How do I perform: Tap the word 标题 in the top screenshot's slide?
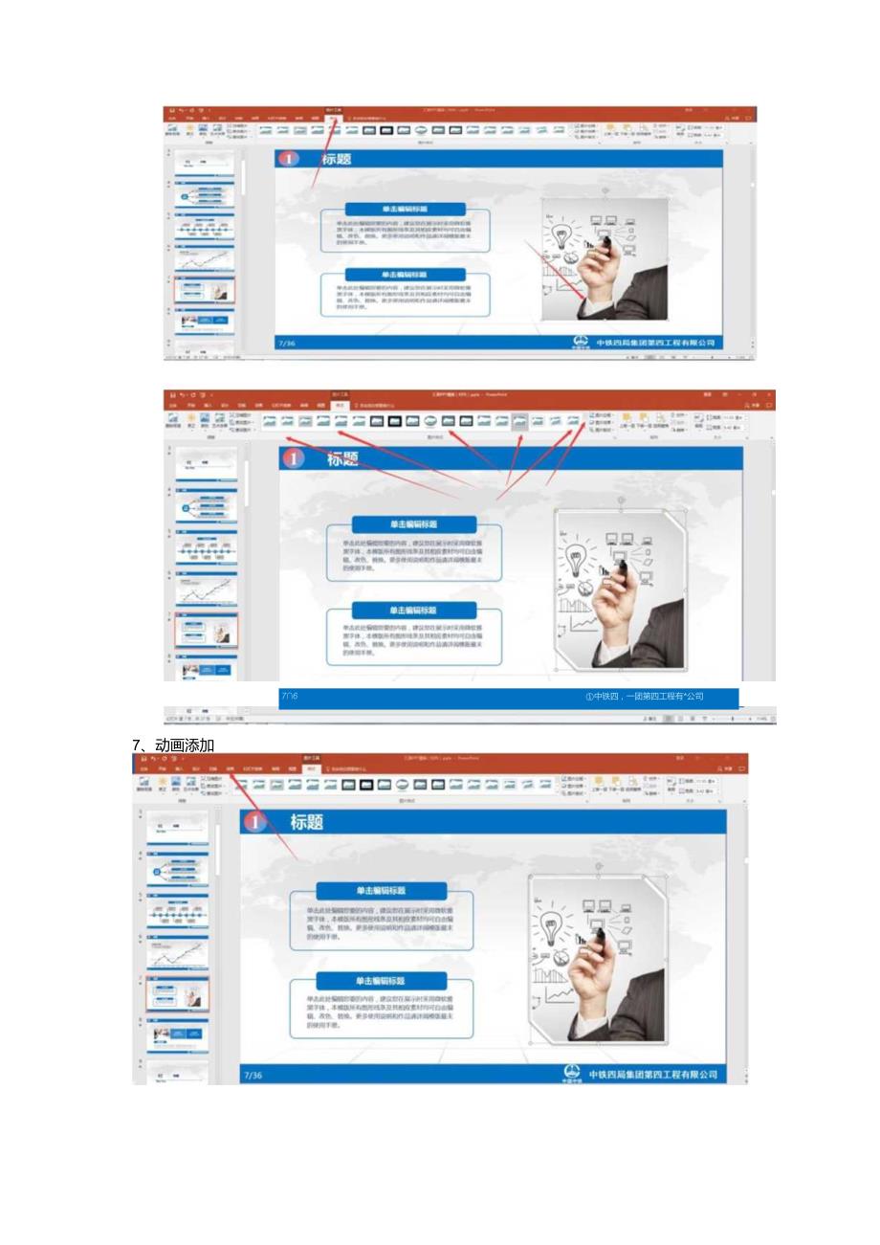[x=336, y=160]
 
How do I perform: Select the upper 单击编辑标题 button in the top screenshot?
[x=405, y=209]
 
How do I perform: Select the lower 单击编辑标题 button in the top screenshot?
[x=405, y=274]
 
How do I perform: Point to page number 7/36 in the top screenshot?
[x=286, y=343]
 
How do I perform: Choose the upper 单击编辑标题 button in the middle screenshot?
[x=413, y=524]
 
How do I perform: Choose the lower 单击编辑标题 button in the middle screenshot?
[x=413, y=610]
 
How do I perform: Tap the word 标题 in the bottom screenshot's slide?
[x=307, y=822]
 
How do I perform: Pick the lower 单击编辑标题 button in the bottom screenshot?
[x=381, y=981]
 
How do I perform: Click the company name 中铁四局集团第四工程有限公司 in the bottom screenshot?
[x=653, y=1075]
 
